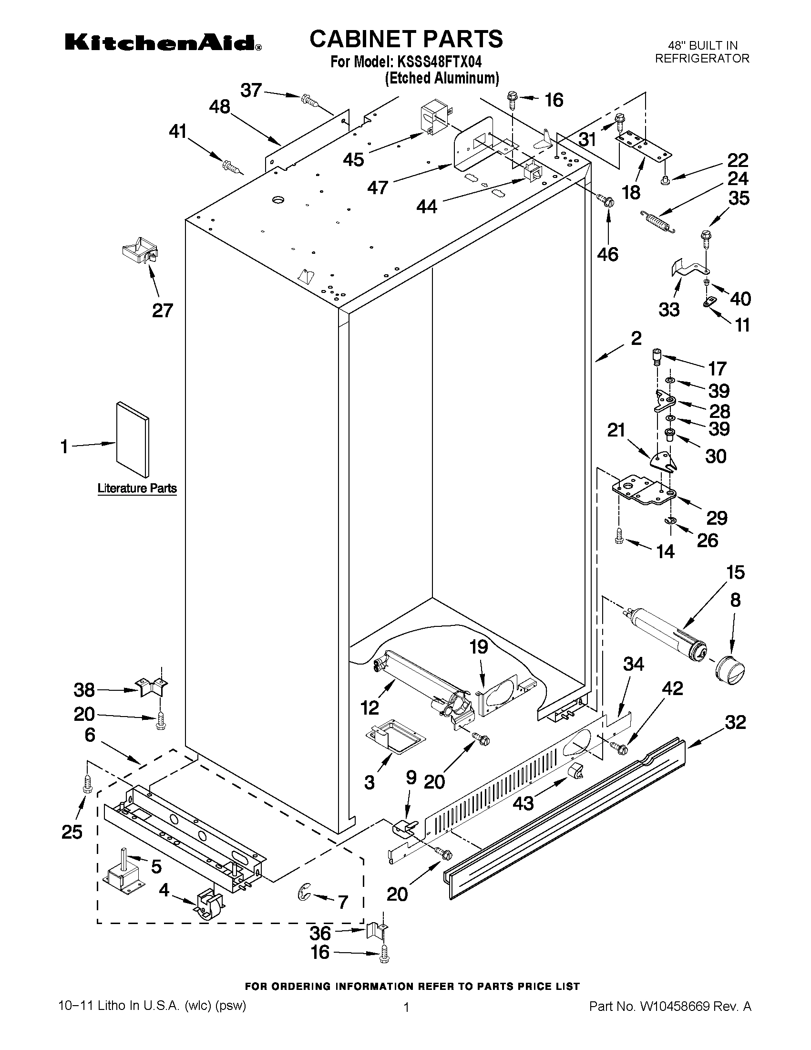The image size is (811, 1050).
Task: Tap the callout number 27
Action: (163, 311)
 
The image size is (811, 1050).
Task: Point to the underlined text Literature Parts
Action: (137, 488)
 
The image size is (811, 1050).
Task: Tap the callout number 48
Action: (220, 106)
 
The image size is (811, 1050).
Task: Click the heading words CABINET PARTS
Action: (406, 39)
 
